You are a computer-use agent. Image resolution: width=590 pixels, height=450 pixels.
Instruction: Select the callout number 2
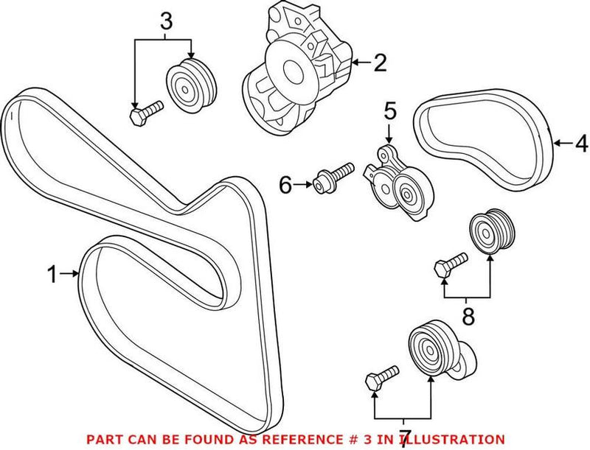pyautogui.click(x=379, y=63)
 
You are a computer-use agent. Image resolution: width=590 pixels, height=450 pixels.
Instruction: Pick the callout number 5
pyautogui.click(x=389, y=112)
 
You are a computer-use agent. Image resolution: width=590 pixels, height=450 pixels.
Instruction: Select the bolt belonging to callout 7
pyautogui.click(x=381, y=376)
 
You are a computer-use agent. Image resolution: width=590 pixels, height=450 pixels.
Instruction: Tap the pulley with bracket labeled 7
pyautogui.click(x=435, y=352)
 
